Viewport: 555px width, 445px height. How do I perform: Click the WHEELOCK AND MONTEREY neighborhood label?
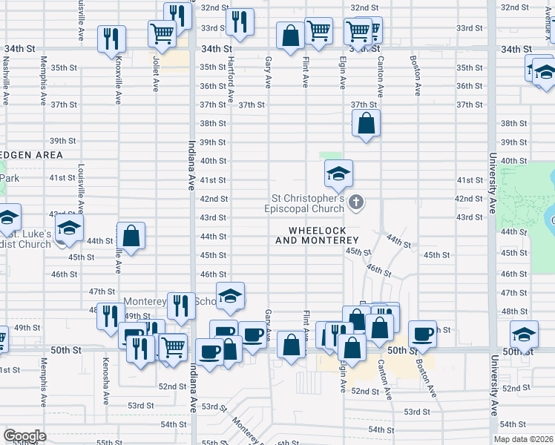pyautogui.click(x=317, y=235)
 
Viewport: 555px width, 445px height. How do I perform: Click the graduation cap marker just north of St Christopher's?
pyautogui.click(x=338, y=174)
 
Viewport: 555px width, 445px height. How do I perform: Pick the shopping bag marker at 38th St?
pyautogui.click(x=367, y=123)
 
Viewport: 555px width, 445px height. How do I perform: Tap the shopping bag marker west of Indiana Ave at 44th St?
pyautogui.click(x=131, y=237)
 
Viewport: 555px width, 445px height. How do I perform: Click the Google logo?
pyautogui.click(x=24, y=436)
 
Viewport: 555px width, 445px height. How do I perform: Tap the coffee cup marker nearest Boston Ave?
pyautogui.click(x=422, y=334)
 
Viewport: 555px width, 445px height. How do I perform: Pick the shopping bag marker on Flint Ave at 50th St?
pyautogui.click(x=291, y=344)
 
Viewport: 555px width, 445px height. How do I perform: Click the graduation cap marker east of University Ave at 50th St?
pyautogui.click(x=524, y=334)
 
